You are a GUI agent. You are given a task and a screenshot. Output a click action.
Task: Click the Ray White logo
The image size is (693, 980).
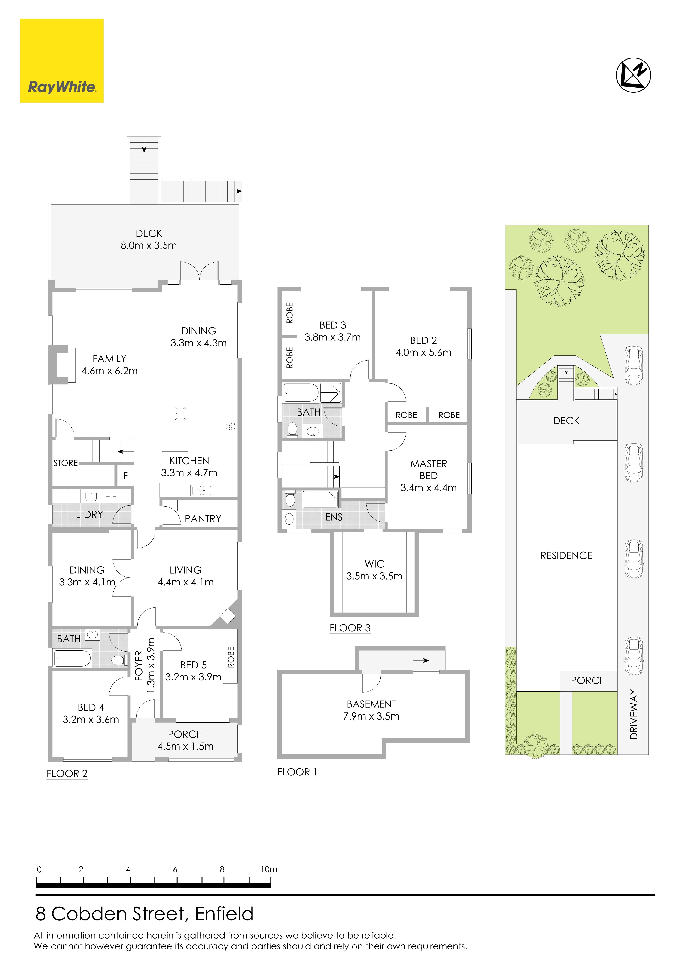pos(62,61)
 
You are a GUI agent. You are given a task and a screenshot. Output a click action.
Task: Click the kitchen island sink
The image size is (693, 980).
pos(180,413)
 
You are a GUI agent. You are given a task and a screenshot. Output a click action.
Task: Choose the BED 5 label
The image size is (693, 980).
pos(193,665)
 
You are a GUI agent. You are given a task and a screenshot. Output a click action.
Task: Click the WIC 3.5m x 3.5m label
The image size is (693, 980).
pos(374,570)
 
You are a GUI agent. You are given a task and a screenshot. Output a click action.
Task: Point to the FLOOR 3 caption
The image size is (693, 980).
pos(350,628)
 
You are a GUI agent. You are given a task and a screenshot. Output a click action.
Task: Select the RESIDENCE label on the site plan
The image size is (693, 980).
pos(566,556)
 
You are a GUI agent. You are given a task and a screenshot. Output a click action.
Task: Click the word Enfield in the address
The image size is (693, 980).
pos(224,914)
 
